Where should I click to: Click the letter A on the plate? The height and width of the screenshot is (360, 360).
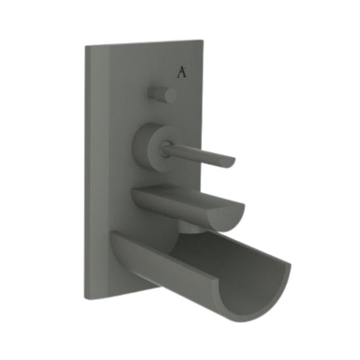[182, 72]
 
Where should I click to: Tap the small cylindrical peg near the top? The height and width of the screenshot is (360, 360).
[161, 94]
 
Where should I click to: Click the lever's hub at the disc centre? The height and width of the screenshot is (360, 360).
[165, 149]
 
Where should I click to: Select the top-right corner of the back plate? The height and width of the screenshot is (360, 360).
[201, 40]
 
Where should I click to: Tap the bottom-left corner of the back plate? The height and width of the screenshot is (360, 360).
[86, 298]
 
